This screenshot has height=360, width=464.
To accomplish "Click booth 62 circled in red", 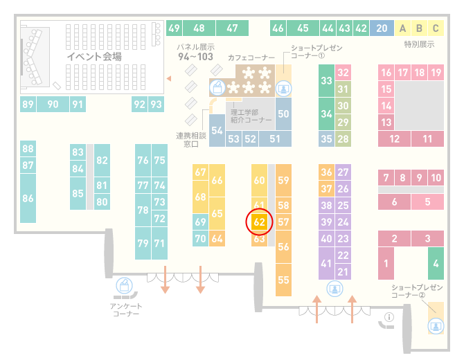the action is pyautogui.click(x=259, y=222).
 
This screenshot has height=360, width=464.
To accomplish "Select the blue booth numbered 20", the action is pyautogui.click(x=382, y=28).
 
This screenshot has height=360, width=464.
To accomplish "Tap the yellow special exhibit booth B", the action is pyautogui.click(x=419, y=28).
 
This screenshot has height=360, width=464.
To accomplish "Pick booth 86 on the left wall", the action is pyautogui.click(x=28, y=198).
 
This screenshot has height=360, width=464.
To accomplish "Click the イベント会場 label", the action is pyautogui.click(x=94, y=56).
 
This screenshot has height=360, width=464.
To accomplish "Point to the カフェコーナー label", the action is pyautogui.click(x=251, y=57).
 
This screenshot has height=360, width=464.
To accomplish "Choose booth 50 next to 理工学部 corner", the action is pyautogui.click(x=283, y=114).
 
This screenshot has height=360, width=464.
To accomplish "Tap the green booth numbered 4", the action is pyautogui.click(x=436, y=263).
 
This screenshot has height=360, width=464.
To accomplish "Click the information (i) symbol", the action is pyautogui.click(x=389, y=317).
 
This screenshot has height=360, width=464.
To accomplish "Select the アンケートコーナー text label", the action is pyautogui.click(x=126, y=309).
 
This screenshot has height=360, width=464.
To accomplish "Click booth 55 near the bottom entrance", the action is pyautogui.click(x=283, y=280).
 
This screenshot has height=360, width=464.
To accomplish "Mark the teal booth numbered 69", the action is pyautogui.click(x=200, y=222).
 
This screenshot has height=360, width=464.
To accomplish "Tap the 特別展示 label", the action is pyautogui.click(x=419, y=44).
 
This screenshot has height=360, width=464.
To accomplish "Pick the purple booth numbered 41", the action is pyautogui.click(x=326, y=263).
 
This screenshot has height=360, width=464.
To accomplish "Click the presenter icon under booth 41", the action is pyautogui.click(x=334, y=289).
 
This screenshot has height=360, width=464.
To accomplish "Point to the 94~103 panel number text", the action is pyautogui.click(x=195, y=57).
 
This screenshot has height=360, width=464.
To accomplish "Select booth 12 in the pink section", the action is pyautogui.click(x=394, y=138).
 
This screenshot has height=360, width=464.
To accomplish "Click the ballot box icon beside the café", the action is pyautogui.click(x=217, y=88).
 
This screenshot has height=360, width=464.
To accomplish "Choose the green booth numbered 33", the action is pyautogui.click(x=326, y=80).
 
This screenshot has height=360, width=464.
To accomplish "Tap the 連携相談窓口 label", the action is pyautogui.click(x=191, y=140).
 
